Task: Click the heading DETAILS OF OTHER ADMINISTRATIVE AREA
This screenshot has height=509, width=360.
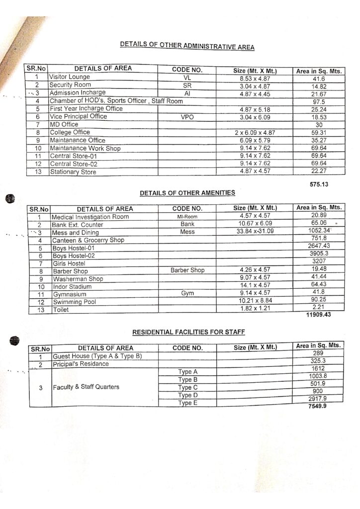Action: [187, 46]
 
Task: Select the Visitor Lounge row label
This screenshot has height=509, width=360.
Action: [69, 78]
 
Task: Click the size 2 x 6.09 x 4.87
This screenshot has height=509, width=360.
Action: [255, 133]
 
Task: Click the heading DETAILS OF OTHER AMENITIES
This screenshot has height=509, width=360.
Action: [187, 192]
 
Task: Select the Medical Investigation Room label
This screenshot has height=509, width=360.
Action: [90, 217]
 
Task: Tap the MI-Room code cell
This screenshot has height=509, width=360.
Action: [187, 217]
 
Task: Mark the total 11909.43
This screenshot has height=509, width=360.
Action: [319, 315]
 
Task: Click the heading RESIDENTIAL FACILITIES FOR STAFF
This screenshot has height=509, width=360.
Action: [188, 331]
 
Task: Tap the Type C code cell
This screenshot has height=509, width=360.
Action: [188, 388]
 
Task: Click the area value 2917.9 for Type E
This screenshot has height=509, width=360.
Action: [319, 399]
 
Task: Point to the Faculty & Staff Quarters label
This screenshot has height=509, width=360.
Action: [86, 387]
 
